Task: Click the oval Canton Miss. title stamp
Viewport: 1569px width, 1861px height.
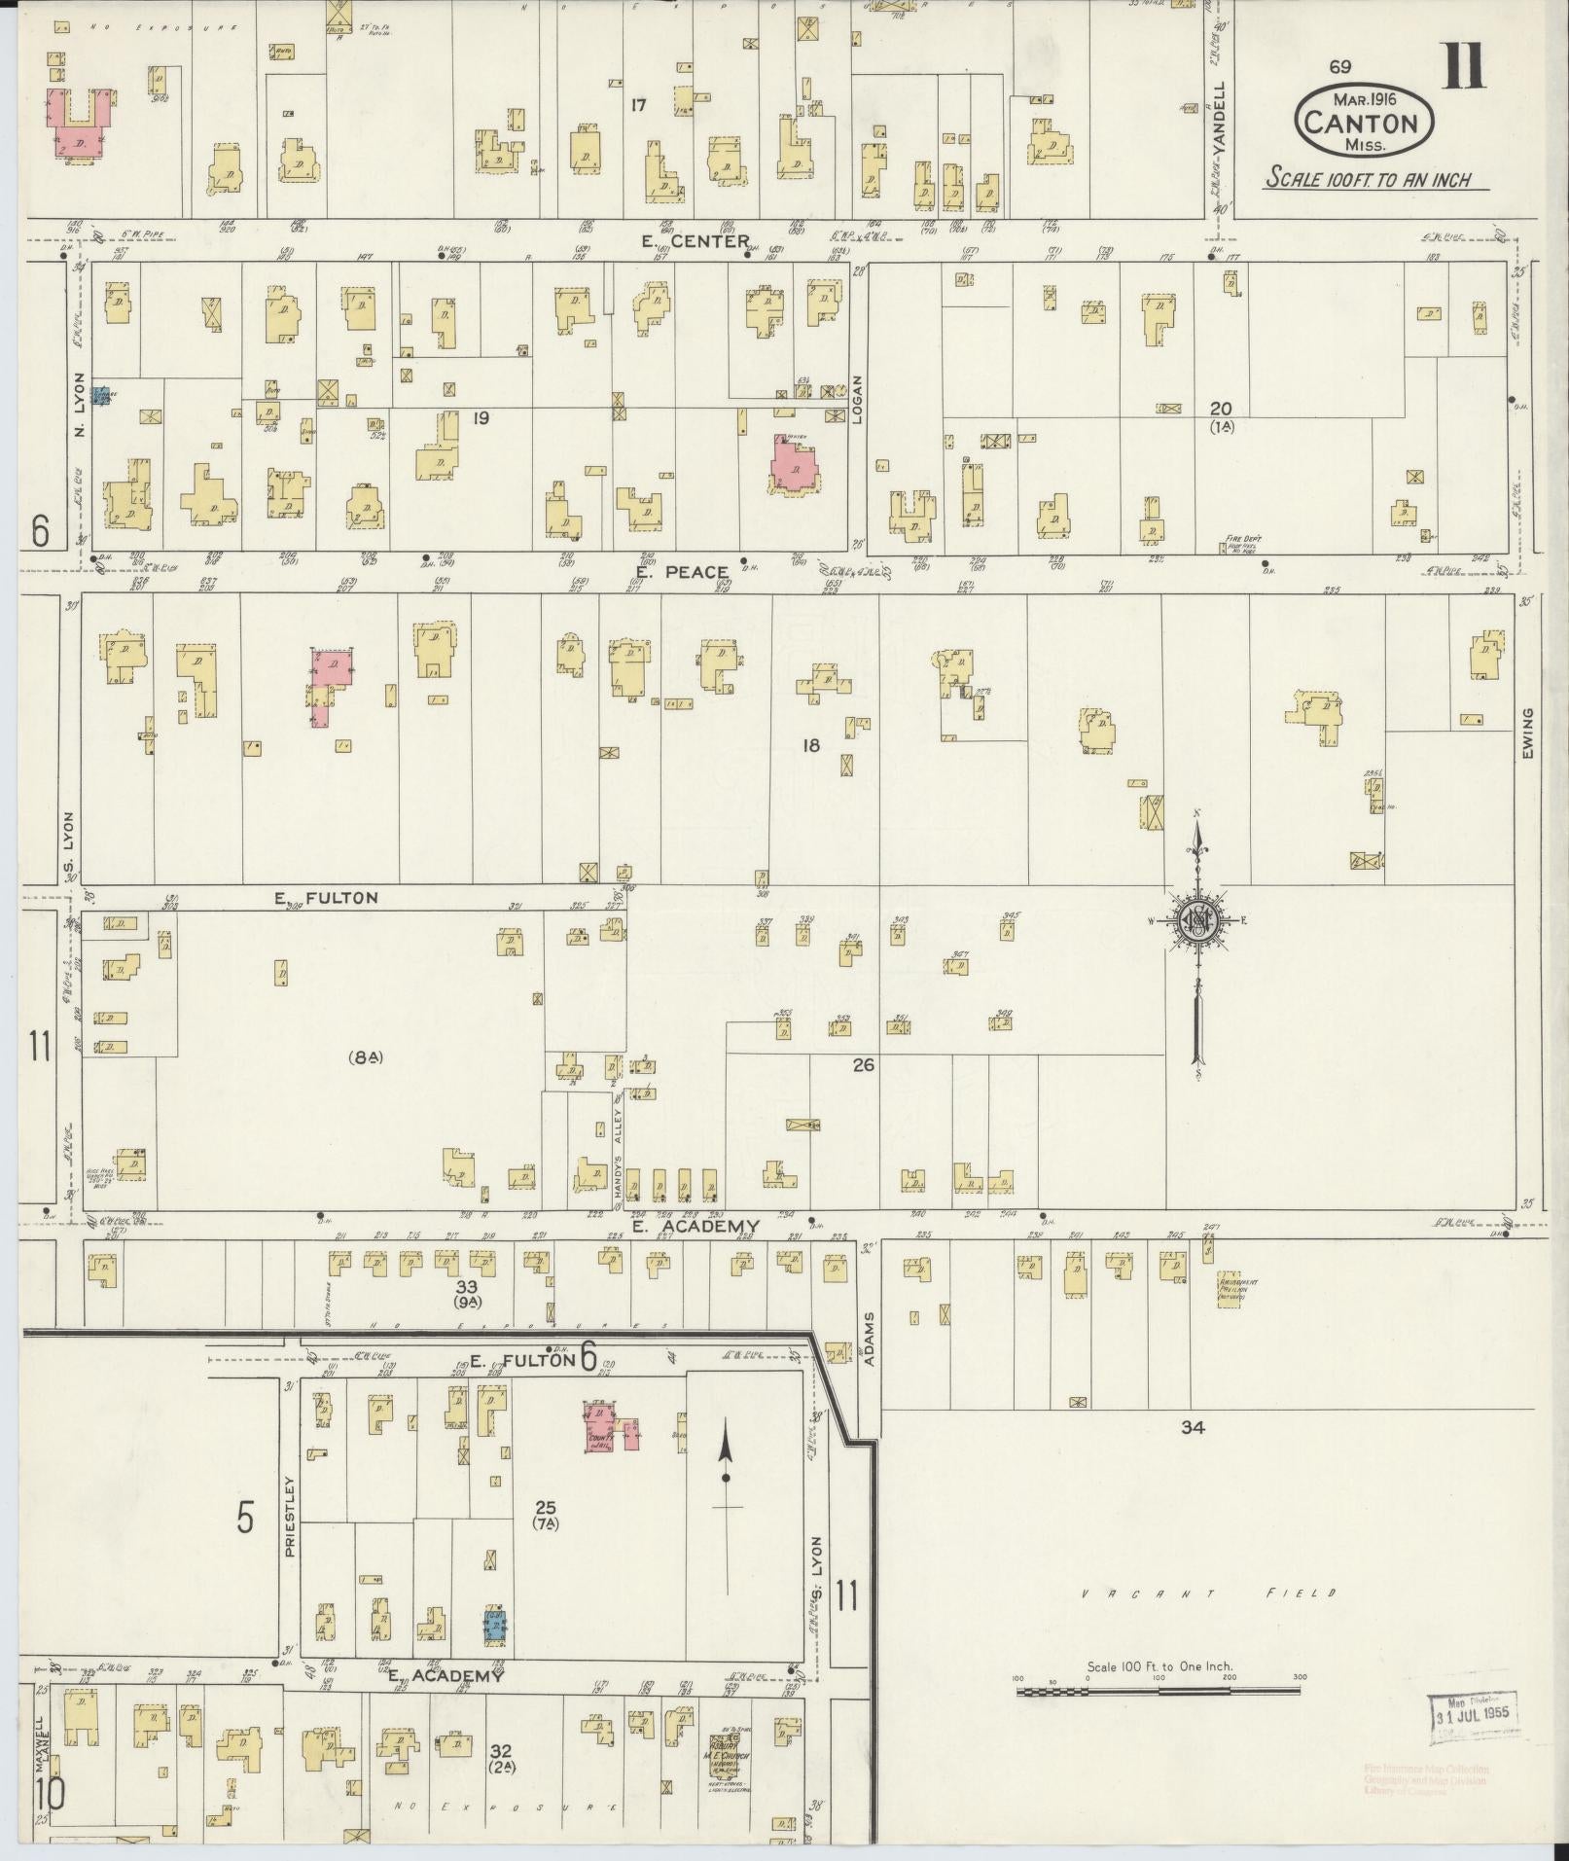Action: click(1363, 120)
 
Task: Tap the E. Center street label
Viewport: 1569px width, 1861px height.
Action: click(695, 241)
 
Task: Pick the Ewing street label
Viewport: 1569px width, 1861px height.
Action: click(1528, 734)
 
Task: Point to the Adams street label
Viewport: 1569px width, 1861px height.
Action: click(869, 1340)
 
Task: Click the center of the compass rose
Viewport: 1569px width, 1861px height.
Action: click(1198, 920)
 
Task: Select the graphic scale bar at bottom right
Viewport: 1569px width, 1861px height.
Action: click(1158, 1693)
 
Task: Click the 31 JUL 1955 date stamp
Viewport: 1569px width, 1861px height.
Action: click(1473, 1711)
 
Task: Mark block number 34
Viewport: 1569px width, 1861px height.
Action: click(1193, 1427)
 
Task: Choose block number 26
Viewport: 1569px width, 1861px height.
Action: click(863, 1065)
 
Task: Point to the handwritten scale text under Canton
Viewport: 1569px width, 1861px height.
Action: click(1367, 179)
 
